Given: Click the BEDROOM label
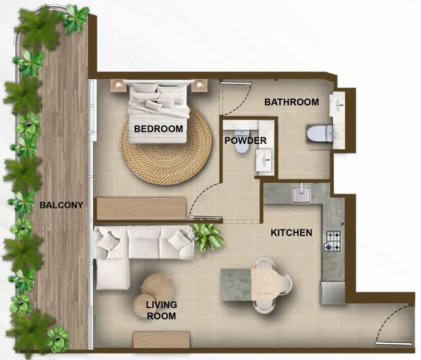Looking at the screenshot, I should (x=158, y=129).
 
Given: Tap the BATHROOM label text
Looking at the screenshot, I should (x=291, y=102).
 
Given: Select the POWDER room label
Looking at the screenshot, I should (x=245, y=141).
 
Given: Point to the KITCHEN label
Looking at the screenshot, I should (x=291, y=233).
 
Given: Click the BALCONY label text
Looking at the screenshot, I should (x=61, y=205).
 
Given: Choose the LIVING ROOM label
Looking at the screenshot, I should (x=161, y=310).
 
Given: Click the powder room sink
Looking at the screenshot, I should (x=263, y=158).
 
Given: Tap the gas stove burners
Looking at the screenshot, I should (x=332, y=241).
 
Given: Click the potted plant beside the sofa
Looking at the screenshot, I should (x=208, y=237).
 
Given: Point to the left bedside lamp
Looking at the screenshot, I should (x=118, y=84).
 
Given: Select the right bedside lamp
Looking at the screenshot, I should (x=200, y=85).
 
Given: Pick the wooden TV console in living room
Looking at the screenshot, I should (x=161, y=339).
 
